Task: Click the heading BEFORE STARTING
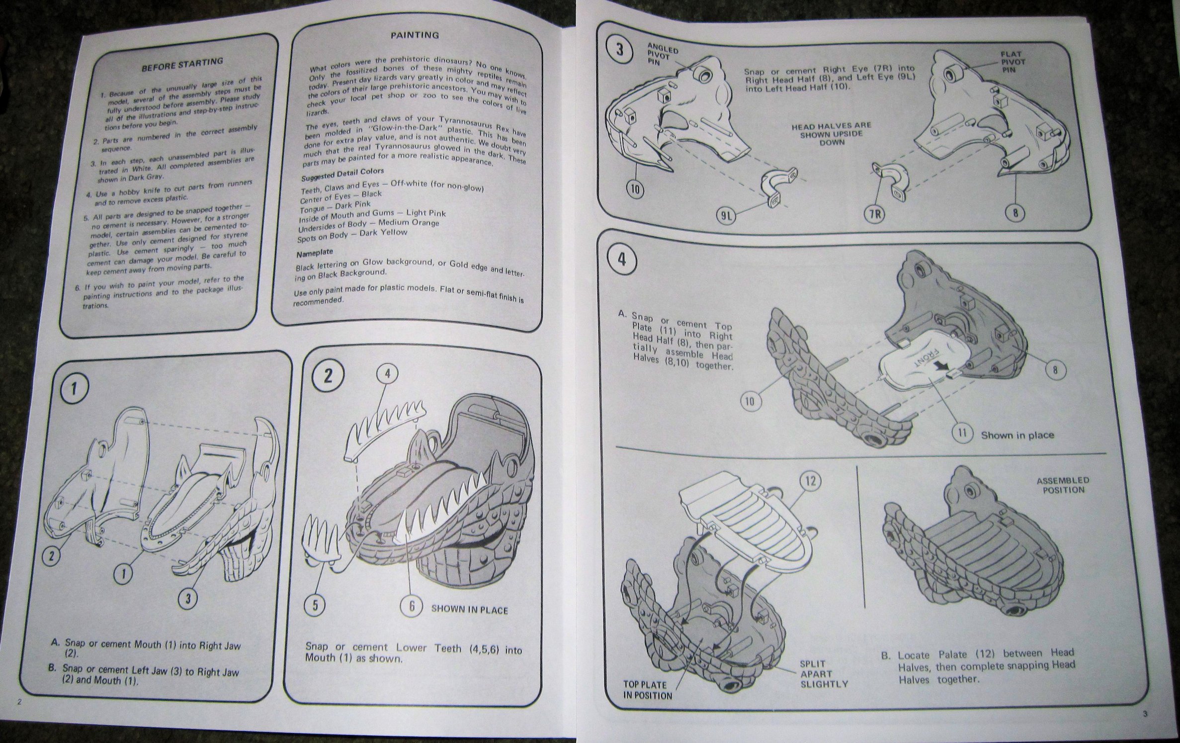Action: (x=182, y=65)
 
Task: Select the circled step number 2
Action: (x=328, y=376)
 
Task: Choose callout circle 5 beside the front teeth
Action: (x=315, y=606)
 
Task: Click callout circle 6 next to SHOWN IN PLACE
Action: (x=412, y=607)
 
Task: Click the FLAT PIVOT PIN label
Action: (x=1011, y=62)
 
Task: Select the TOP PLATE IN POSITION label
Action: (x=648, y=690)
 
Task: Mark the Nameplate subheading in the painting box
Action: (x=314, y=253)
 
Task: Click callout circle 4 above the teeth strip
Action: (x=388, y=372)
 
